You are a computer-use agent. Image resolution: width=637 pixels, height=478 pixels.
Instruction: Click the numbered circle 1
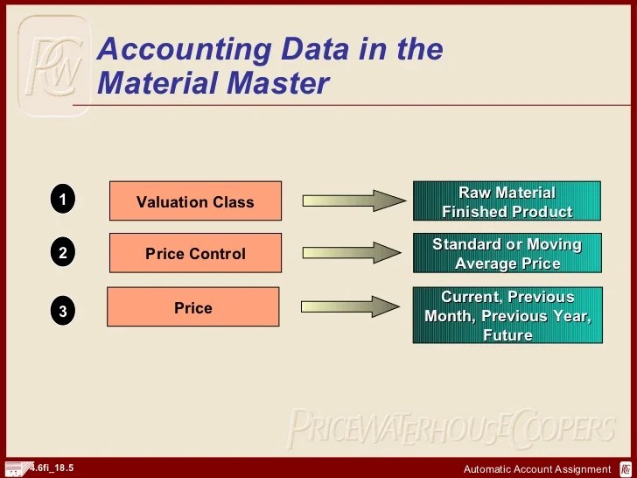[x=62, y=200]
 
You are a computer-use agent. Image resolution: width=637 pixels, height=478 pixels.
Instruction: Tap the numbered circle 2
[x=62, y=254]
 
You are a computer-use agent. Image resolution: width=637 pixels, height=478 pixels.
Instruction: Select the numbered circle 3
[x=62, y=309]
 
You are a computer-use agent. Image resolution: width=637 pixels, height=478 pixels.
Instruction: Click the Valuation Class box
[x=195, y=201]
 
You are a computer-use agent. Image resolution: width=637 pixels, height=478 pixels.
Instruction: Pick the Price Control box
[x=195, y=254]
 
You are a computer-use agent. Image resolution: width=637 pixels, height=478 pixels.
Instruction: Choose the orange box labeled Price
[x=193, y=307]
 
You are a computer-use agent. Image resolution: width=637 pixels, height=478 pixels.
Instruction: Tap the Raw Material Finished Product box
[x=507, y=201]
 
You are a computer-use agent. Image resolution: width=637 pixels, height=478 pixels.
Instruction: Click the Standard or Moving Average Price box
[x=507, y=253]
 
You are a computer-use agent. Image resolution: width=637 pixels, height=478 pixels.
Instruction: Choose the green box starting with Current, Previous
[x=507, y=315]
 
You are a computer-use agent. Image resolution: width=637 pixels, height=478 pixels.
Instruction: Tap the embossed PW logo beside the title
[x=54, y=66]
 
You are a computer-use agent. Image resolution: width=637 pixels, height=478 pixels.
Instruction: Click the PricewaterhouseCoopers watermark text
[x=450, y=428]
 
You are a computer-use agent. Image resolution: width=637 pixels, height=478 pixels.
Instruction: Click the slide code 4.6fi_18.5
[x=52, y=467]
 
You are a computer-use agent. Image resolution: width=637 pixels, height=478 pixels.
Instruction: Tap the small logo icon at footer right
[x=626, y=468]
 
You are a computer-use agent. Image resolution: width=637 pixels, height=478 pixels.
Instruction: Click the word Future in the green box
[x=507, y=335]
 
